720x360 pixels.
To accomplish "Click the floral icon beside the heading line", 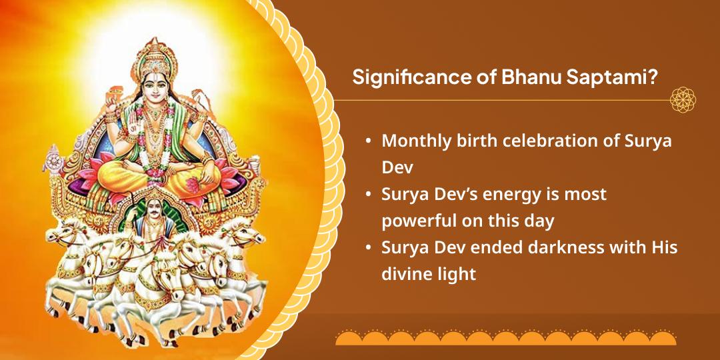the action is tap(683, 99).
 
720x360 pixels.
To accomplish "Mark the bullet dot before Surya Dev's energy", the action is tap(368, 195).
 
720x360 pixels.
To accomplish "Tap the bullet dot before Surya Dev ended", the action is tap(368, 249).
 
